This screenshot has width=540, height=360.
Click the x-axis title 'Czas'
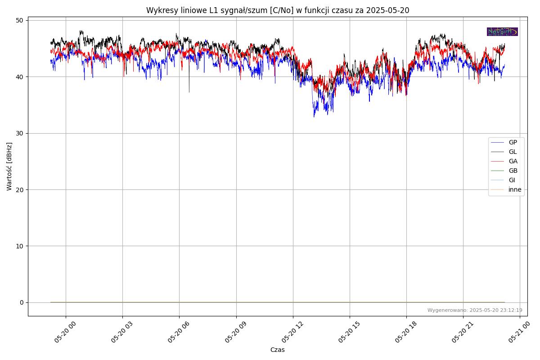tap(277, 350)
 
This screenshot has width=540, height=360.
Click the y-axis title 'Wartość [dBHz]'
tap(9, 166)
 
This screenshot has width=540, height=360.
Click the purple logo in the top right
tap(502, 31)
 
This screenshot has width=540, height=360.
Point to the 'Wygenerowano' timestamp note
tap(475, 310)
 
